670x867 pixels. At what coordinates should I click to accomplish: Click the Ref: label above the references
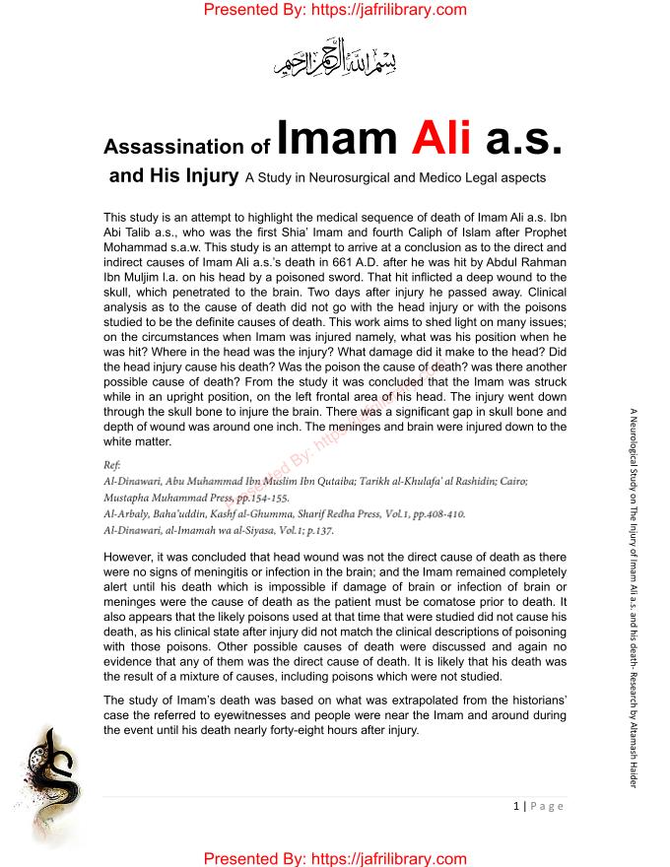point(112,464)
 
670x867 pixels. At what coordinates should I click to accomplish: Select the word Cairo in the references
point(512,481)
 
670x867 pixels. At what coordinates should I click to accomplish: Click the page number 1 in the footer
point(516,806)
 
